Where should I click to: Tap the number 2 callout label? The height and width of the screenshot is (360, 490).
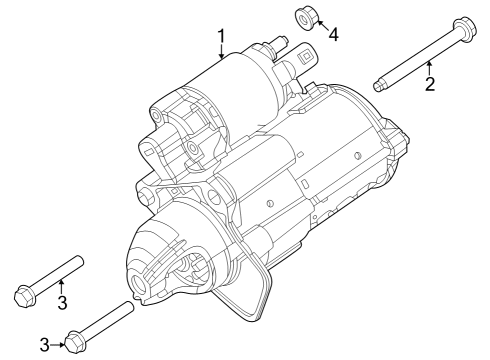430,83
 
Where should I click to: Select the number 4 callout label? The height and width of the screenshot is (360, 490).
333,35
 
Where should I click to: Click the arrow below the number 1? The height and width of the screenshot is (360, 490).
221,54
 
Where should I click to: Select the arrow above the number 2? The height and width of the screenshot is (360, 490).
429,66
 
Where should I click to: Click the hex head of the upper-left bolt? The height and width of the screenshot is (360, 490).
24,295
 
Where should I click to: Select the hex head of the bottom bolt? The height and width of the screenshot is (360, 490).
73,341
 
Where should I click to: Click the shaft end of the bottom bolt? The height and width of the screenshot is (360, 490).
127,308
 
